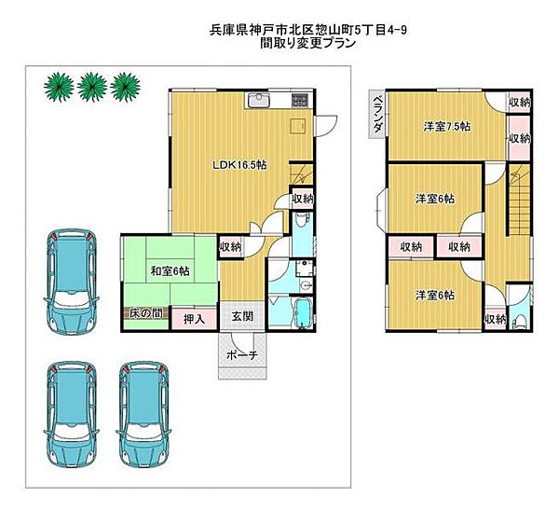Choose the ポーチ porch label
(x=243, y=355)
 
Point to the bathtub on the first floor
(x=301, y=311)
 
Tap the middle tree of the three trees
(x=91, y=86)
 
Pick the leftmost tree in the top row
(x=59, y=86)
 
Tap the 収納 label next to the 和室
(x=230, y=247)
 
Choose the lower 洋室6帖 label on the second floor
(x=434, y=296)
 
